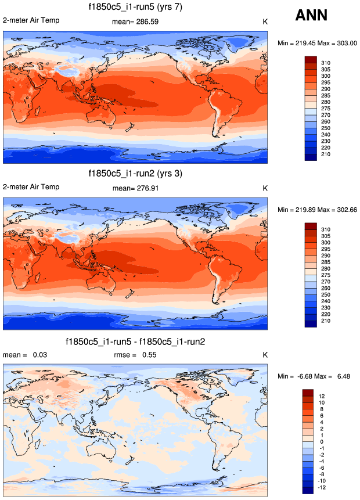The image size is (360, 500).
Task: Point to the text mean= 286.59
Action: (x=135, y=21)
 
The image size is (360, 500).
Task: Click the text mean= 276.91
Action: (x=135, y=188)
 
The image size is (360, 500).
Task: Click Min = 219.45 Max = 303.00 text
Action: (x=317, y=43)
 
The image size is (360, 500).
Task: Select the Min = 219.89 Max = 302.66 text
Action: (x=317, y=210)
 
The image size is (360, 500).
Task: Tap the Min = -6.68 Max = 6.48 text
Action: (x=317, y=377)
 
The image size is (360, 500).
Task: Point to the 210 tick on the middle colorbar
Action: (x=326, y=320)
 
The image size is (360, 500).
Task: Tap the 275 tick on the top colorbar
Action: (x=326, y=108)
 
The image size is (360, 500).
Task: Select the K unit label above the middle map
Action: (x=265, y=188)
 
